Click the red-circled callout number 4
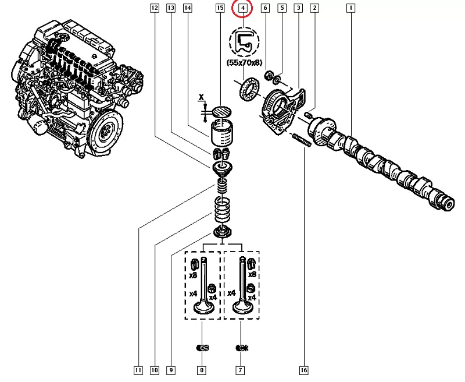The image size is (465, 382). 242,8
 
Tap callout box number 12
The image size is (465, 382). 154,8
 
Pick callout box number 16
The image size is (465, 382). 303,370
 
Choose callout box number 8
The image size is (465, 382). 202,370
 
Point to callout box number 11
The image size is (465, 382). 138,370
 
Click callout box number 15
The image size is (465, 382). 220,8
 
